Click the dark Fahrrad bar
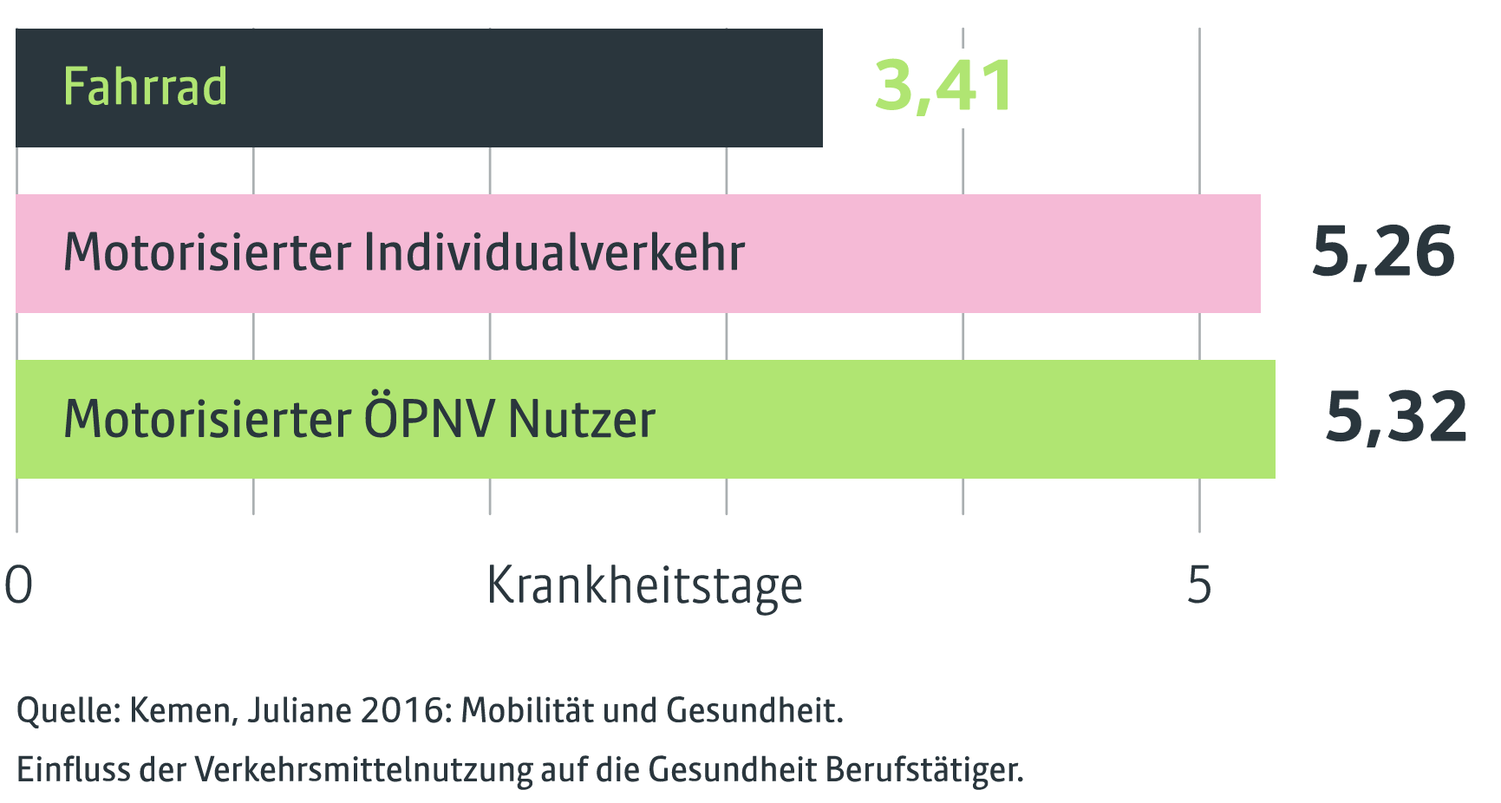[520, 88]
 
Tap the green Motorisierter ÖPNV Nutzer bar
[954, 419]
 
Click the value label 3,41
[943, 86]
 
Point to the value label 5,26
[1383, 252]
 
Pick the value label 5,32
[1396, 418]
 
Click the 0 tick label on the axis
[18, 585]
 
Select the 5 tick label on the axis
[1199, 585]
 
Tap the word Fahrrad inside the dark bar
[145, 87]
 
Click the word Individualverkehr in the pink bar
[554, 252]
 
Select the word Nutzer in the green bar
[582, 419]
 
